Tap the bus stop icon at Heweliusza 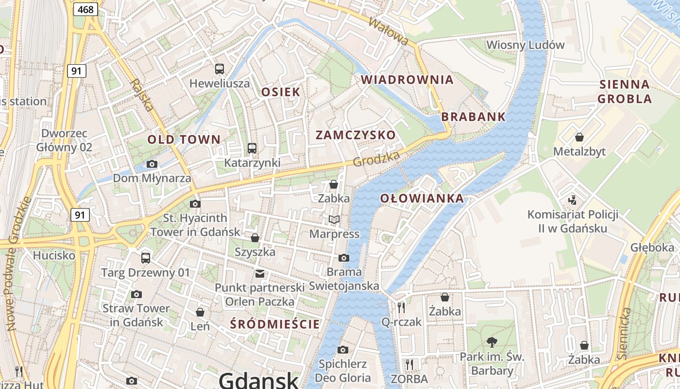point(220,69)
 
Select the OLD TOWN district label point(184,140)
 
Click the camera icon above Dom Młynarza point(152,164)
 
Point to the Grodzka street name point(376,159)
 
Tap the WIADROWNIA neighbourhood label point(407,80)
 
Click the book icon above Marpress point(334,220)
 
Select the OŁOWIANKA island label point(422,198)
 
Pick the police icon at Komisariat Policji point(573,200)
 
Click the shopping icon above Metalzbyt point(579,137)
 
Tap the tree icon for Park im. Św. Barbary point(492,342)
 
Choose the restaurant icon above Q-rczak point(401,307)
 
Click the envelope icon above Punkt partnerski point(260,273)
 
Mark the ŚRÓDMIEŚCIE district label point(275,324)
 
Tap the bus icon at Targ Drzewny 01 point(145,258)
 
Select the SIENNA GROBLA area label point(624,91)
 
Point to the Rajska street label point(142,95)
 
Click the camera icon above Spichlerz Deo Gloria point(343,350)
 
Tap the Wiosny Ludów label point(526,45)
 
